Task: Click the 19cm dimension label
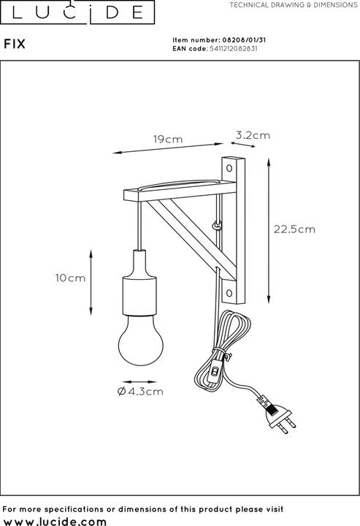tap(167, 139)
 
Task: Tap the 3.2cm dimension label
tap(253, 134)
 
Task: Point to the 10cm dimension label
tap(70, 278)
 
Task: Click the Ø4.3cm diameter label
tap(139, 392)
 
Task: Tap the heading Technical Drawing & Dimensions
tap(293, 5)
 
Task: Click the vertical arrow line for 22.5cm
tap(271, 229)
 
